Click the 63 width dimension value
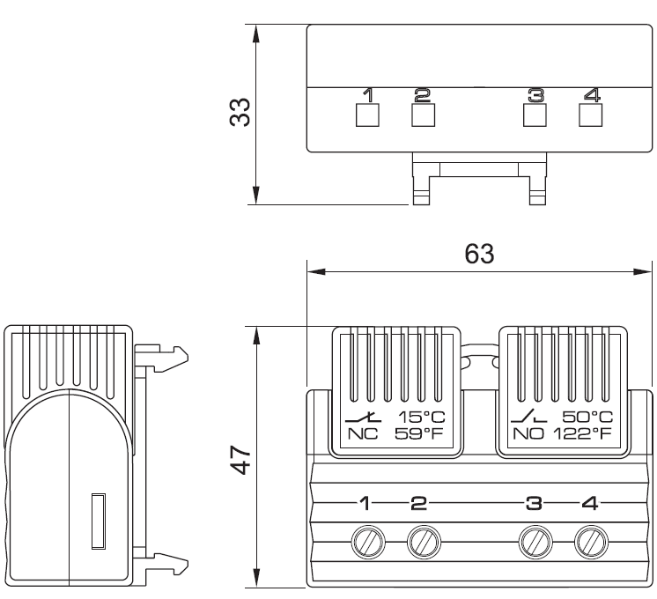[479, 254]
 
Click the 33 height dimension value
[240, 112]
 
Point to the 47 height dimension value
[241, 460]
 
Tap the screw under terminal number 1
[368, 542]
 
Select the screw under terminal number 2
[424, 542]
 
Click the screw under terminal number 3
[535, 542]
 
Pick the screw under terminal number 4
[591, 542]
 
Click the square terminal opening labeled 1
[367, 115]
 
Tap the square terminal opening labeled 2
[424, 115]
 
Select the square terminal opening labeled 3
[535, 115]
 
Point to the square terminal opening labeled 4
[590, 115]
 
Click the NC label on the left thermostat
[363, 434]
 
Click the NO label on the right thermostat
[528, 434]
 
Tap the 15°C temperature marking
[422, 417]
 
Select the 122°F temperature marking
[583, 434]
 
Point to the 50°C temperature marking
[587, 417]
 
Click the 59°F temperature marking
[418, 434]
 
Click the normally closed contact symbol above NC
[363, 417]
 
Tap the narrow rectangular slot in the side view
[99, 521]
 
